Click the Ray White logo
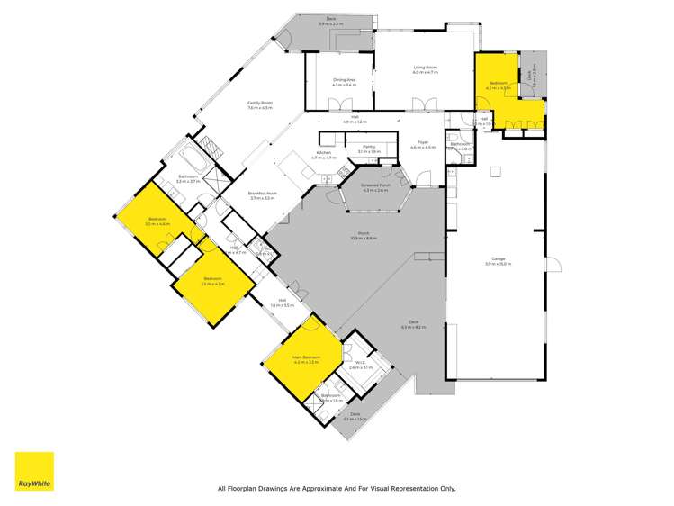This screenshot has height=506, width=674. click(33, 471)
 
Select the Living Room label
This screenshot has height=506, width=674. click(425, 68)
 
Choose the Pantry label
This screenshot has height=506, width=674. click(368, 149)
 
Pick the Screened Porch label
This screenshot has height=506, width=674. click(375, 187)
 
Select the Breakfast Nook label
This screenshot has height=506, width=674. click(262, 194)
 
